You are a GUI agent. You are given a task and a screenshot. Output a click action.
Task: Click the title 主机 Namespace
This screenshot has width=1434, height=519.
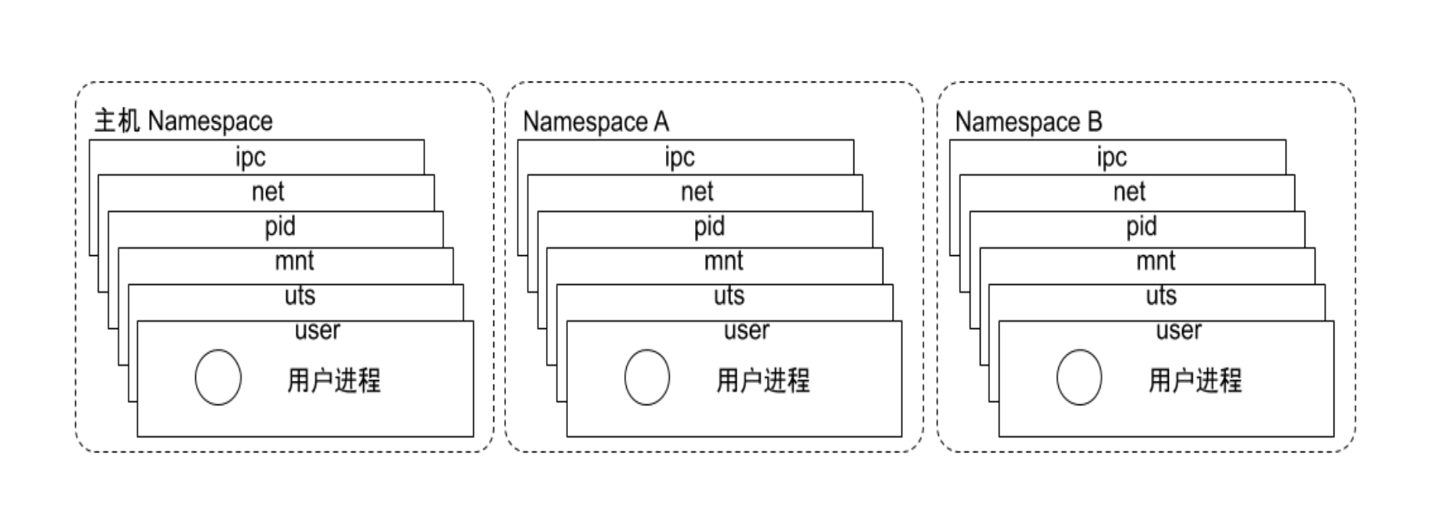click(184, 121)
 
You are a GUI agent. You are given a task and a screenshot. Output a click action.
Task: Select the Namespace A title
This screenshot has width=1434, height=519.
click(596, 122)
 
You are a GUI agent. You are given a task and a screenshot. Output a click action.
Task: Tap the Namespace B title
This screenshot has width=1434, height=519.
click(1028, 122)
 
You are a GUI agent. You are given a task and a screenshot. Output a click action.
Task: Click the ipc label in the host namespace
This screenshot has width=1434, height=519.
click(251, 157)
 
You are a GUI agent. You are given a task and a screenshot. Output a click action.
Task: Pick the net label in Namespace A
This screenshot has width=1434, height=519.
click(697, 192)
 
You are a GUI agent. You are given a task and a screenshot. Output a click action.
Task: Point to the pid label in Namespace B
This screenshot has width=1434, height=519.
click(1141, 227)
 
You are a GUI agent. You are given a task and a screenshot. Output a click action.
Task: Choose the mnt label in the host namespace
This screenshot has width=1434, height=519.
click(294, 261)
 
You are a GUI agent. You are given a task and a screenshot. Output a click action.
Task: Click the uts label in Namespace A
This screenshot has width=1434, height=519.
click(729, 295)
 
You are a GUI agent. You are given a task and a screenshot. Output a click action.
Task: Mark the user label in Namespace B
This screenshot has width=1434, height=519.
click(1178, 331)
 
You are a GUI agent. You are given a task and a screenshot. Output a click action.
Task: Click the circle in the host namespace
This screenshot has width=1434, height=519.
click(218, 378)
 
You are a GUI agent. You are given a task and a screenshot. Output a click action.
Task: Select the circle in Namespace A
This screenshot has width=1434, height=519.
click(647, 378)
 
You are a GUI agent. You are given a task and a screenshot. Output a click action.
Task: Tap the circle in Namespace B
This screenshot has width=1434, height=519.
click(1079, 378)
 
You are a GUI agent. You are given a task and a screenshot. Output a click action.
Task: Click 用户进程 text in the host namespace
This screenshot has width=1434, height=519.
click(333, 381)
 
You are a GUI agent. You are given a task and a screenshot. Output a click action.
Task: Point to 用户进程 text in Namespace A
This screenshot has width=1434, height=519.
click(762, 381)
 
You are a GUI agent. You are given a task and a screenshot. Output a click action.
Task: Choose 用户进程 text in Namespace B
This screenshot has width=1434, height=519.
click(1195, 381)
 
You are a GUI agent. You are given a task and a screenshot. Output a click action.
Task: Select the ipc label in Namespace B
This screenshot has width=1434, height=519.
click(1112, 157)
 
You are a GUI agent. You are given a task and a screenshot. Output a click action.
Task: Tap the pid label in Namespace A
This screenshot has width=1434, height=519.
click(709, 227)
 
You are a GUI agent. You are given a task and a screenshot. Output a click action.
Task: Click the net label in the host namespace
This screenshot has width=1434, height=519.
click(268, 192)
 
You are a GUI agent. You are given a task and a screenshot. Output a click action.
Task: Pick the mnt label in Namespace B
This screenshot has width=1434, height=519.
click(1156, 261)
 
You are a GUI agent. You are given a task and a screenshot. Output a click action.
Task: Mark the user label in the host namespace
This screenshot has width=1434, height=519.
click(317, 331)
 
